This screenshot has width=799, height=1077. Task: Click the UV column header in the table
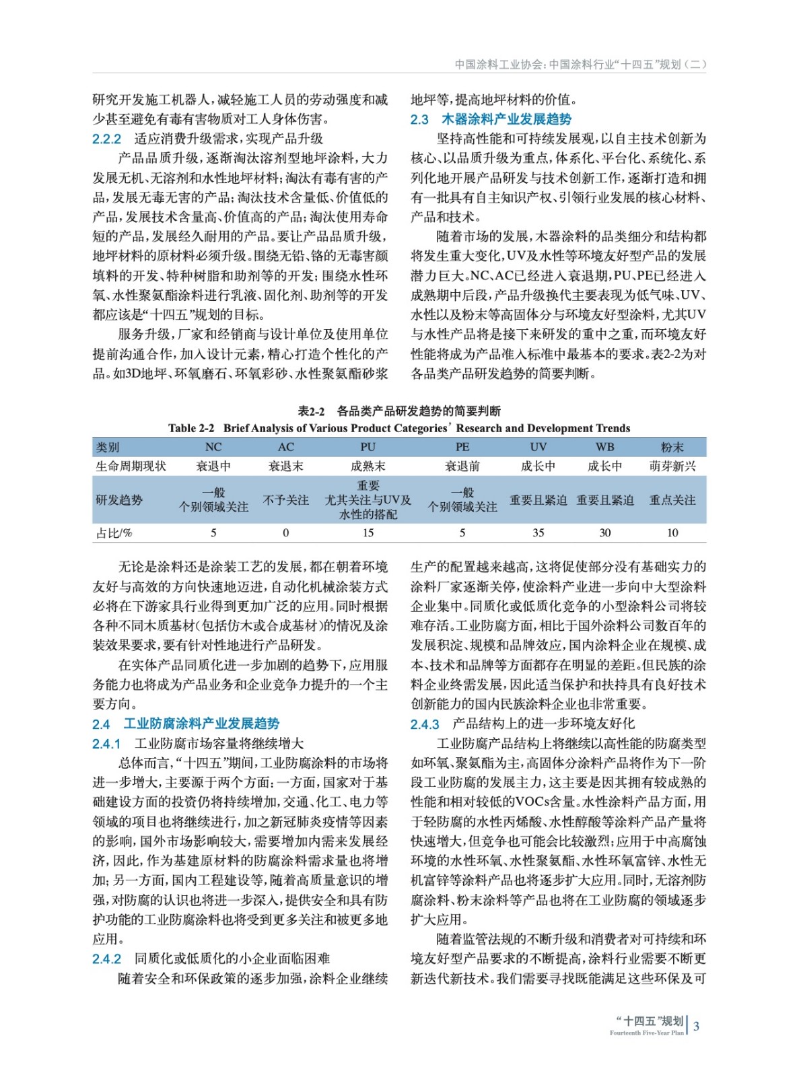538,447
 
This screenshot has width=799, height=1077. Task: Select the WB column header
604,447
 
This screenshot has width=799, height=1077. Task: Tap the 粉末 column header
672,447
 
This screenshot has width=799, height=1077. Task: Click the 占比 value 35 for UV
538,532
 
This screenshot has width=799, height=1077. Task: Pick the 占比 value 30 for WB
604,532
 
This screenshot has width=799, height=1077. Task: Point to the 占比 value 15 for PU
368,532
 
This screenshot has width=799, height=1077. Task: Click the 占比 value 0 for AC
285,532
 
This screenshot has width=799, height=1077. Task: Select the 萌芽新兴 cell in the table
672,466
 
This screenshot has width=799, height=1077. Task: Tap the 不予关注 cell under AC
285,500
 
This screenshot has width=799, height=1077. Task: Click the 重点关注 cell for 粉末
672,500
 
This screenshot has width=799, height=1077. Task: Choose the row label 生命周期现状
131,466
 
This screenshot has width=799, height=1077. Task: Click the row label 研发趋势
119,500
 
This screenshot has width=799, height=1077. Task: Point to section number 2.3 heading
419,120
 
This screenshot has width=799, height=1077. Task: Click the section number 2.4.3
425,724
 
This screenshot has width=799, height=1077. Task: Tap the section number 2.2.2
106,139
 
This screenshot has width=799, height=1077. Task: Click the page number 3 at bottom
696,1027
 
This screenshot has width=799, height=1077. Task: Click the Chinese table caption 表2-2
311,411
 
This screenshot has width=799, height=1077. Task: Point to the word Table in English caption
182,428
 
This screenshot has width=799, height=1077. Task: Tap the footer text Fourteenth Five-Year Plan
646,1033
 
